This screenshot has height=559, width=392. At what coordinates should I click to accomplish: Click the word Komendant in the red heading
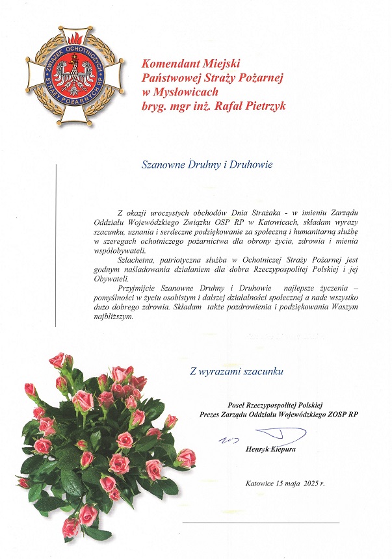[171, 64]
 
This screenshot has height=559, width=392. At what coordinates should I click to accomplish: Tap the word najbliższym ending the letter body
[113, 317]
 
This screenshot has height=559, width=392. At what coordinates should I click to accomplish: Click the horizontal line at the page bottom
[260, 522]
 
